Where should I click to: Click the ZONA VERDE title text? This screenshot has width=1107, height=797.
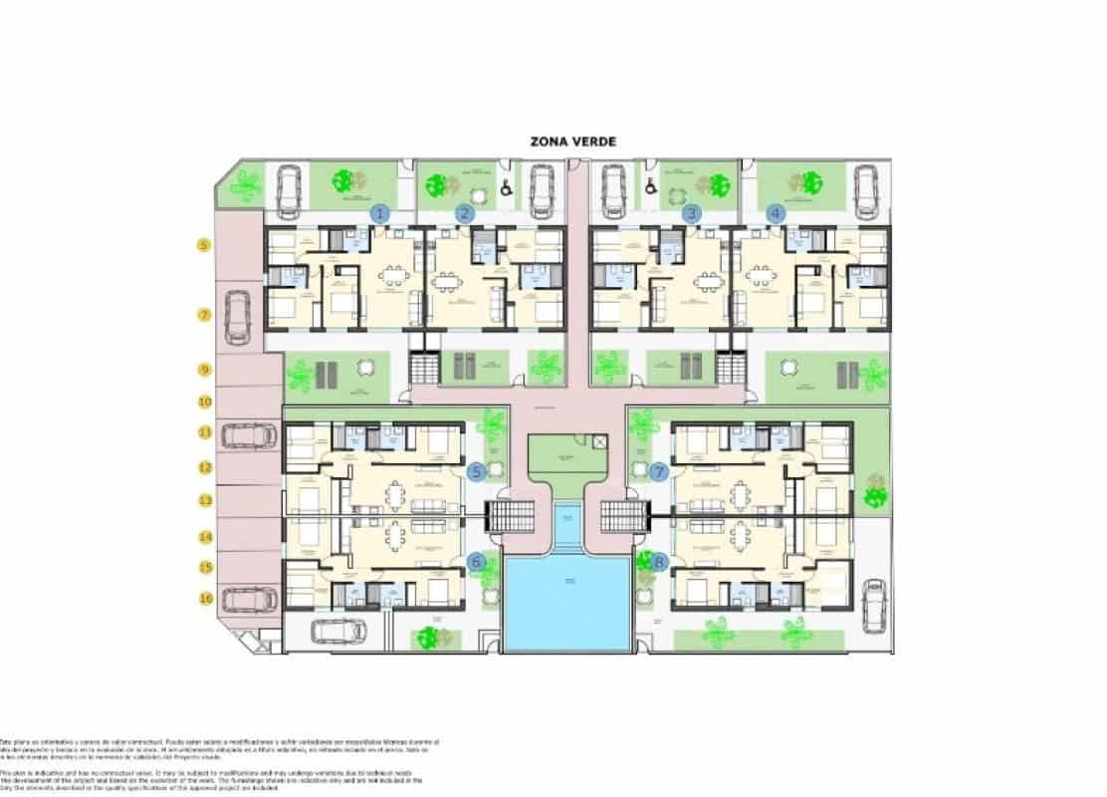click(x=573, y=141)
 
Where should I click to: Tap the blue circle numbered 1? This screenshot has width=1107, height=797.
click(x=379, y=212)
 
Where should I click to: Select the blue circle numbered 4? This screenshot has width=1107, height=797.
click(x=776, y=212)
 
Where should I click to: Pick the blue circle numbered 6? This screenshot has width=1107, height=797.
click(x=477, y=562)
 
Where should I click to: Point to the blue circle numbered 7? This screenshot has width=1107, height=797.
click(x=658, y=472)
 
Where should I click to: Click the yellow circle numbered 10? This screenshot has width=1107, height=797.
click(x=204, y=402)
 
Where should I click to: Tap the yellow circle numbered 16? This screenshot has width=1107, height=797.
click(x=204, y=599)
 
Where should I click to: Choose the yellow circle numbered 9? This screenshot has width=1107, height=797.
click(x=204, y=370)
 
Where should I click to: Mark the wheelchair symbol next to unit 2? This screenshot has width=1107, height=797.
click(x=507, y=185)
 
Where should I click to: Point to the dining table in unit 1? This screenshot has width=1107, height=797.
click(x=393, y=275)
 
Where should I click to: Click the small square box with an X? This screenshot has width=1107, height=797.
click(x=598, y=440)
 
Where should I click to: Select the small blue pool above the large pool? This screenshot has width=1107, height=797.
click(x=566, y=525)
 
